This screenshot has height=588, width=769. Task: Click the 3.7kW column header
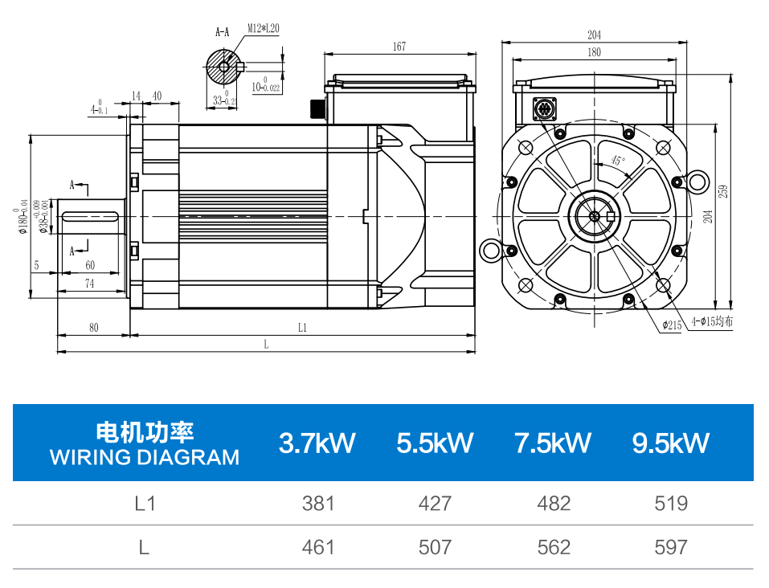pos(317,443)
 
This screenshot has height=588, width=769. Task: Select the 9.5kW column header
pos(670,443)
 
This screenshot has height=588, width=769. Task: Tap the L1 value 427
pos(435,504)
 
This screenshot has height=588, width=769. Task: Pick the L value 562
pos(554,547)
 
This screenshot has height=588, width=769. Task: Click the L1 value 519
pos(671,504)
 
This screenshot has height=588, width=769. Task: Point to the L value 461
pos(317,547)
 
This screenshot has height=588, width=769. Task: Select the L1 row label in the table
pos(145,504)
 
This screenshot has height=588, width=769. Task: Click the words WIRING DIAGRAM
pos(145,458)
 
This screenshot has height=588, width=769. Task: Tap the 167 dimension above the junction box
pos(399,46)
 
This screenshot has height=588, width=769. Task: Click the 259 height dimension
pos(723,191)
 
